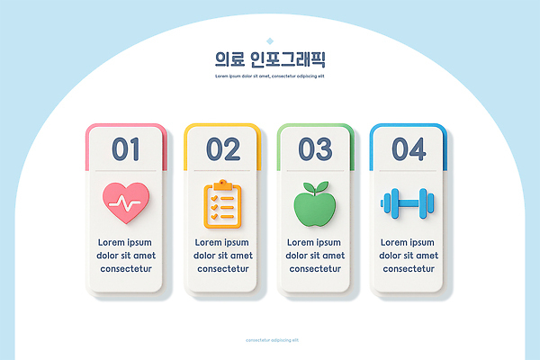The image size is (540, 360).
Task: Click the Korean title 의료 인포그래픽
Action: point(269,60)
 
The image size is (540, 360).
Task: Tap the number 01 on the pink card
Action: point(126,148)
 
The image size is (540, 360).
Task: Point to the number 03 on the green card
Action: point(315,148)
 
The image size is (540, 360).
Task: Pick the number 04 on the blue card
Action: point(409,148)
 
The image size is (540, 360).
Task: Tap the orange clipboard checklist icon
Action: point(221,204)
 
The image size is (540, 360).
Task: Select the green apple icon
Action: point(314,206)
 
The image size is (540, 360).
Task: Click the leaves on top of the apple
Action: point(314,188)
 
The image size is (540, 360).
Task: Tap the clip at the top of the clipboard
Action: point(221,185)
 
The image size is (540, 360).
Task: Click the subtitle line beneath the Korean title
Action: point(269,76)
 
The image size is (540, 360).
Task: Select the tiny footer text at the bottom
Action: point(269,339)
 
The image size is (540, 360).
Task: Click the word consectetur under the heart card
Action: point(126,268)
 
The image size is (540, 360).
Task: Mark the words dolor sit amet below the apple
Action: point(315,256)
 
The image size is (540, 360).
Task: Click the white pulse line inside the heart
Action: point(126,203)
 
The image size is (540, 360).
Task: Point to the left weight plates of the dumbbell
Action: point(389,203)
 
